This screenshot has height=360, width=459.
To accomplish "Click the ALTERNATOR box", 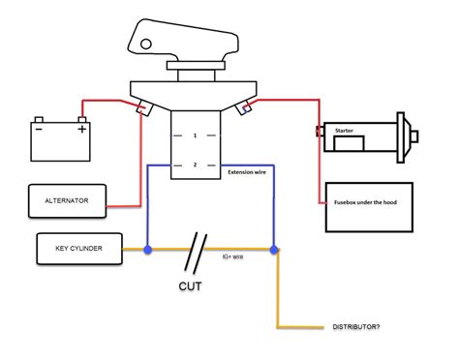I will tap(66, 201).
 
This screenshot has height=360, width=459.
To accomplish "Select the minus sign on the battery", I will tap(39, 128).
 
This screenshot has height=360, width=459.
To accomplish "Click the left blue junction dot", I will tap(147, 250).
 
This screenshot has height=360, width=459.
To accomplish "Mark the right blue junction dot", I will tap(274, 250).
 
